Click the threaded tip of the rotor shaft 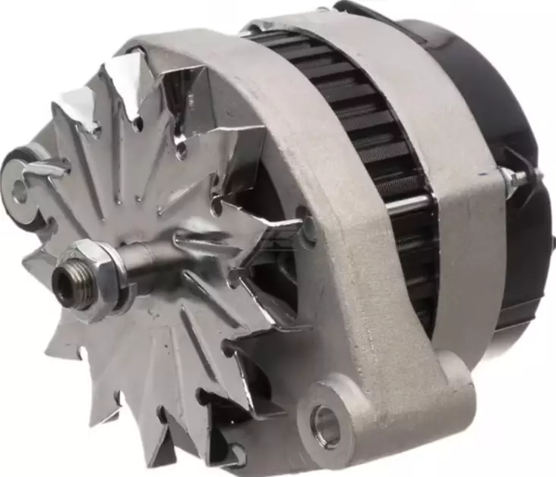67,286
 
